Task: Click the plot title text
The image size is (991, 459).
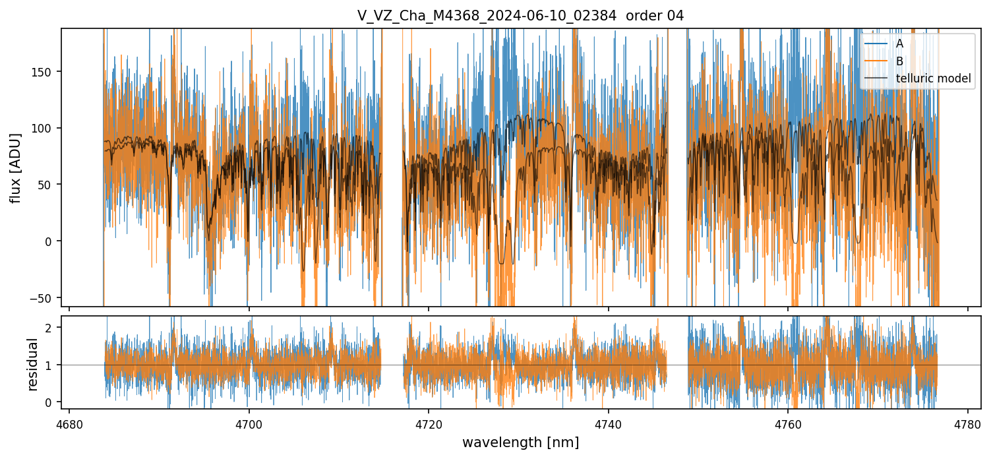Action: (x=521, y=16)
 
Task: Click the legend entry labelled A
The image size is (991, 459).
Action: (x=899, y=44)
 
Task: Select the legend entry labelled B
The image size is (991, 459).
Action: (x=899, y=61)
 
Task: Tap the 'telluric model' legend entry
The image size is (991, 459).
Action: (x=933, y=79)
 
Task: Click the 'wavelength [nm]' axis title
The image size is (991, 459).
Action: (x=521, y=442)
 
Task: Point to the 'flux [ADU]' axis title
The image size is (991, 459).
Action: (x=15, y=168)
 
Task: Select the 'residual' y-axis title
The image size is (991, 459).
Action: (x=32, y=364)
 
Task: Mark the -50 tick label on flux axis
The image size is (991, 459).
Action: (x=44, y=298)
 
